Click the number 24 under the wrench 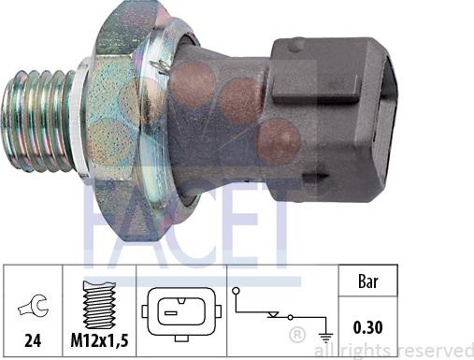tap(33, 340)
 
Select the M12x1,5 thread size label tap(99, 340)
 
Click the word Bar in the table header tap(368, 281)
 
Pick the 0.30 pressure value tap(368, 327)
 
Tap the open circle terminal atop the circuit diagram tap(237, 291)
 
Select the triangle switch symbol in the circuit tap(274, 314)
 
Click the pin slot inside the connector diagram tap(171, 313)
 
